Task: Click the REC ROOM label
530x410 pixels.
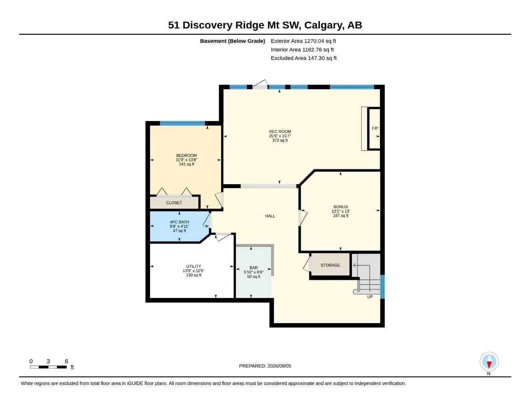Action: pyautogui.click(x=280, y=132)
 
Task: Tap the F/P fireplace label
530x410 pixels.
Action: pyautogui.click(x=375, y=129)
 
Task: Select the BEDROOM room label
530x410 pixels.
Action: pyautogui.click(x=186, y=155)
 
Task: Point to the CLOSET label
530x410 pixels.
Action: pyautogui.click(x=174, y=203)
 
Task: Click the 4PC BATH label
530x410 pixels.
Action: pyautogui.click(x=179, y=222)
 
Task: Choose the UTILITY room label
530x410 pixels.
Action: pyautogui.click(x=194, y=266)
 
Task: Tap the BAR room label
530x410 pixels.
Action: pyautogui.click(x=254, y=268)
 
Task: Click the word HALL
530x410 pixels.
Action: pyautogui.click(x=270, y=216)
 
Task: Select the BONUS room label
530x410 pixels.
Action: pyautogui.click(x=340, y=207)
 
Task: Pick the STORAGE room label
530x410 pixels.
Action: pyautogui.click(x=330, y=265)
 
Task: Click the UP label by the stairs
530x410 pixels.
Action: pyautogui.click(x=370, y=297)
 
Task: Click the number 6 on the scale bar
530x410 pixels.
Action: pyautogui.click(x=66, y=361)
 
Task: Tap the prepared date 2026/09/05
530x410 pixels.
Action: pyautogui.click(x=279, y=366)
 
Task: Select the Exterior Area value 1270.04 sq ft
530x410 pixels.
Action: pyautogui.click(x=320, y=41)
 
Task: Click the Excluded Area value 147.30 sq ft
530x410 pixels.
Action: pyautogui.click(x=322, y=58)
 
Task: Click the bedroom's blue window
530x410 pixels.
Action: pyautogui.click(x=182, y=123)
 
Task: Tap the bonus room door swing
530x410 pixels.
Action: pyautogui.click(x=303, y=218)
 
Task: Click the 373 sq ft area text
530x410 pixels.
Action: pyautogui.click(x=280, y=140)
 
